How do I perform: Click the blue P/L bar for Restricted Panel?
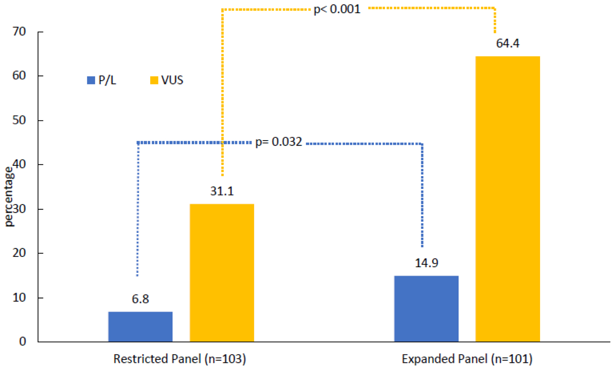click(140, 327)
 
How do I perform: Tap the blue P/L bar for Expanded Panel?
click(426, 309)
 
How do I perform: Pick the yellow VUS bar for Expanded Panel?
click(507, 199)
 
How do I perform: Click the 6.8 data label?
click(140, 299)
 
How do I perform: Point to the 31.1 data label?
click(222, 191)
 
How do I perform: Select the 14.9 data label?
click(426, 263)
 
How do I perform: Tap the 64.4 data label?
click(507, 43)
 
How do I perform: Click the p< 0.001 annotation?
click(337, 9)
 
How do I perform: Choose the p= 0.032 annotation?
click(278, 142)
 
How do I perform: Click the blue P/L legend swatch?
click(91, 80)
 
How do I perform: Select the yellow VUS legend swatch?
click(154, 80)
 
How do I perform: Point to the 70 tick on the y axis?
click(19, 31)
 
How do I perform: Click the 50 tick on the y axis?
click(19, 120)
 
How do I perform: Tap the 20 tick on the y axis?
click(19, 253)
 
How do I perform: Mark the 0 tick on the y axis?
click(22, 342)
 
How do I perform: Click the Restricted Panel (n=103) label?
click(180, 359)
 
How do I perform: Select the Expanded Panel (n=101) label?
click(467, 359)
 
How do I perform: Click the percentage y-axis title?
click(9, 196)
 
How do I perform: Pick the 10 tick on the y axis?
click(19, 297)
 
